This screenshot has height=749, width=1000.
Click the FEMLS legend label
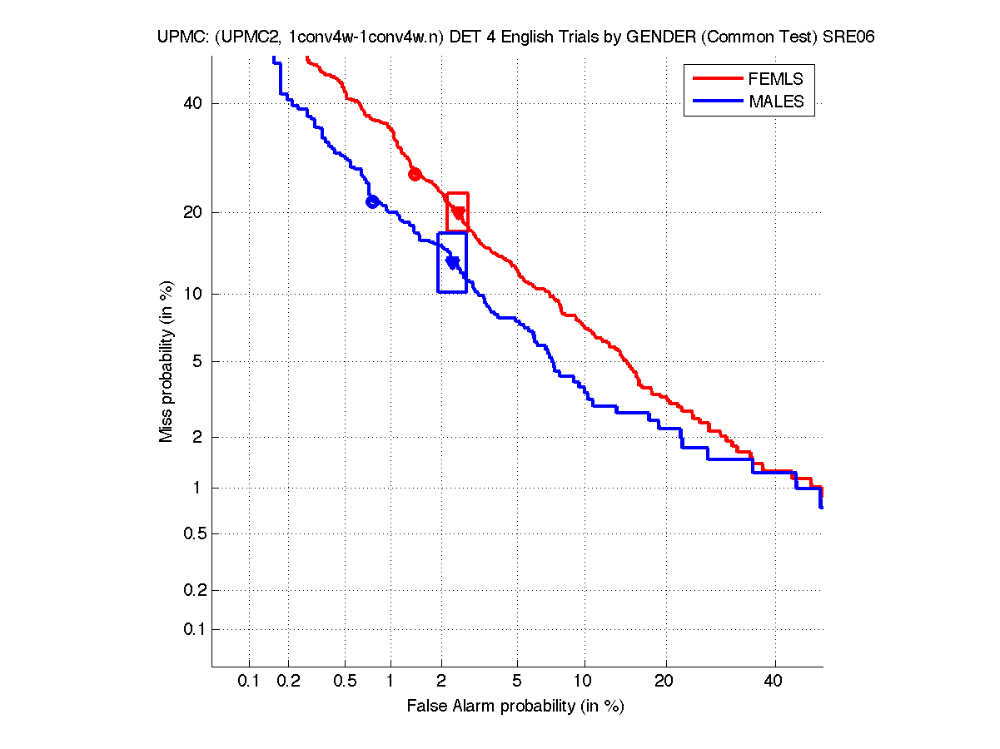[775, 79]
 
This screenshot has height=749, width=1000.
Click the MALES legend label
[776, 102]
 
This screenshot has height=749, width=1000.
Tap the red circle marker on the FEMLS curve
[415, 174]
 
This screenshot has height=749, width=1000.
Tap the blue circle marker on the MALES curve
[372, 201]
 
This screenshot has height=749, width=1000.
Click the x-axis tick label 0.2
[289, 681]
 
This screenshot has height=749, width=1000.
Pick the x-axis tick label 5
[517, 681]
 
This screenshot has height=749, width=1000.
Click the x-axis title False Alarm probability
[515, 707]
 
